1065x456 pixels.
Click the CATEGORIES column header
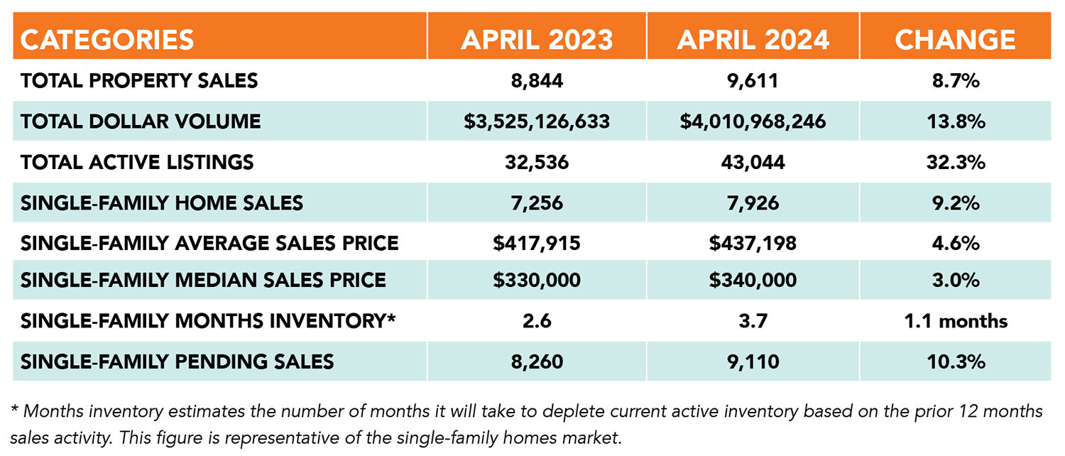[x=107, y=40]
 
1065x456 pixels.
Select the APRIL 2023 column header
[x=537, y=40]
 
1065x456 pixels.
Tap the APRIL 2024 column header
[x=753, y=40]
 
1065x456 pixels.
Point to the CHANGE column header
[x=955, y=40]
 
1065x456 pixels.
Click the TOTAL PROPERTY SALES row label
[x=139, y=81]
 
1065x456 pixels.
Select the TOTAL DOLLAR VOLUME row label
[x=141, y=121]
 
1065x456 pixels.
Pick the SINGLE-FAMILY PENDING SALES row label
[x=177, y=362]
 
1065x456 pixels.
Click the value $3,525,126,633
[x=537, y=121]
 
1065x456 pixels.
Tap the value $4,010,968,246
[x=753, y=121]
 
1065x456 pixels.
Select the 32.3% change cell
[x=955, y=162]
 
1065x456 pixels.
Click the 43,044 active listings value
[x=753, y=162]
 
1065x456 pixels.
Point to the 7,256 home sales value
[x=537, y=203]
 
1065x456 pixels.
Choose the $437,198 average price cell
[x=753, y=244]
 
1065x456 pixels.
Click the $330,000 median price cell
[x=537, y=279]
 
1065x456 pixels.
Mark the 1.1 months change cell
[x=955, y=321]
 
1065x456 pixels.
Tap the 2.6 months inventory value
[x=537, y=321]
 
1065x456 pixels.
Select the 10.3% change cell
[x=955, y=362]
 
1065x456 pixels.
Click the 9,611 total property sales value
[x=753, y=81]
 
